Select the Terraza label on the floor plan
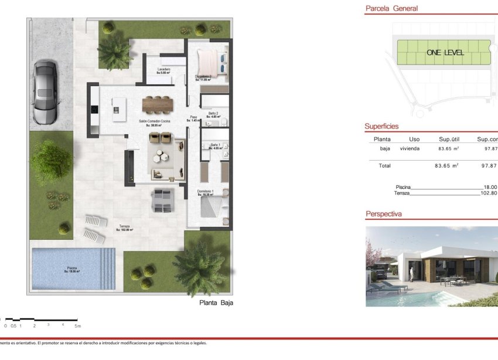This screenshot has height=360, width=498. click(x=124, y=227)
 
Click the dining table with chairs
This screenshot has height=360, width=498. click(x=158, y=104)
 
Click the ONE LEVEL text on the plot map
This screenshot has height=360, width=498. click(x=445, y=53)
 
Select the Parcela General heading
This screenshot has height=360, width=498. click(x=391, y=9)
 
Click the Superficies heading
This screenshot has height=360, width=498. click(x=381, y=126)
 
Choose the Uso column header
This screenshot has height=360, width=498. click(x=414, y=140)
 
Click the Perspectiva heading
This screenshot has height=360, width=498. click(x=384, y=214)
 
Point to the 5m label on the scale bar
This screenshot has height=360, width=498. click(x=78, y=325)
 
